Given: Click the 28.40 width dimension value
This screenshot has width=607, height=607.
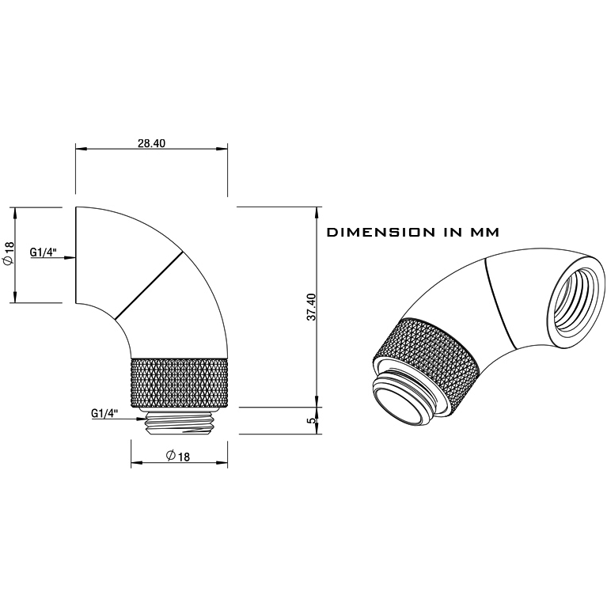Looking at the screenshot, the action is (151, 143).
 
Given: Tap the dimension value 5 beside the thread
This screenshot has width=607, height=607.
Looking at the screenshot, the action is (313, 420).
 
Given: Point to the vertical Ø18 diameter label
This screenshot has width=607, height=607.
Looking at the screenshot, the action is (9, 254).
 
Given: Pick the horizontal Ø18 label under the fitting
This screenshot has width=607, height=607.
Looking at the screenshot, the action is (178, 456).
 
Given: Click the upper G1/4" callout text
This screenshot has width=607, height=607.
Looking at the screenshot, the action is (44, 252).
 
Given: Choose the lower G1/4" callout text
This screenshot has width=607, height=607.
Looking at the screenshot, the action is (104, 413).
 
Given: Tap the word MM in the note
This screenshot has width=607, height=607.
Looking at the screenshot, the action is (484, 232).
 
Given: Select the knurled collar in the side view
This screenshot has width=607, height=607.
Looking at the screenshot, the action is (179, 382).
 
